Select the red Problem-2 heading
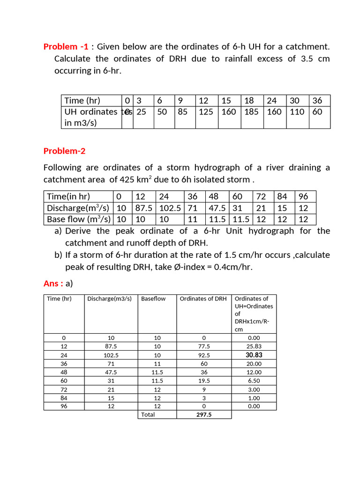pyautogui.click(x=64, y=151)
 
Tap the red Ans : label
pyautogui.click(x=53, y=283)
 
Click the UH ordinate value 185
pyautogui.click(x=251, y=112)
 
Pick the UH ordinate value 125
pyautogui.click(x=206, y=112)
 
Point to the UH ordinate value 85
pyautogui.click(x=183, y=112)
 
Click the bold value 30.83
pyautogui.click(x=254, y=355)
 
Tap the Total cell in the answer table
pyautogui.click(x=148, y=414)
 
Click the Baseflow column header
pyautogui.click(x=153, y=299)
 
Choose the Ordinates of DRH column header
pyautogui.click(x=203, y=299)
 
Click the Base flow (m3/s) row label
pyautogui.click(x=79, y=219)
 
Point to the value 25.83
pyautogui.click(x=254, y=346)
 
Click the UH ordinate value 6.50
pyautogui.click(x=254, y=381)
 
